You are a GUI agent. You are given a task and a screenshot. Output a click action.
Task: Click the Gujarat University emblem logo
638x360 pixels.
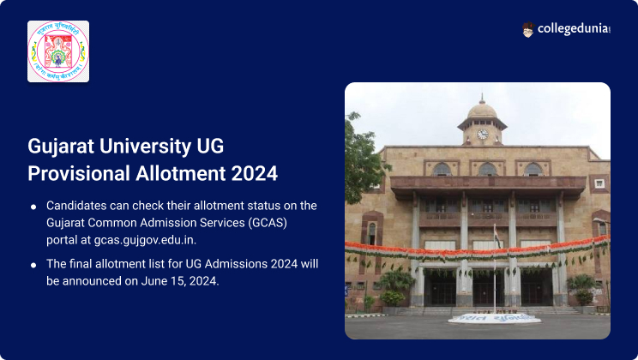click(58, 51)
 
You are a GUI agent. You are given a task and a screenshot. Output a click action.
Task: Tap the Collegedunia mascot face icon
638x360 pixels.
click(528, 30)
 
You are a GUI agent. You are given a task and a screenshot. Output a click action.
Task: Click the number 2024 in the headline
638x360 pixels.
click(255, 173)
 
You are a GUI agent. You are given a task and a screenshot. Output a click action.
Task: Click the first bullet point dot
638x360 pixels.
click(33, 207)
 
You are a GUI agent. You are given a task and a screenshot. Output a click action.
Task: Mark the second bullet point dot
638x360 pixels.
click(33, 264)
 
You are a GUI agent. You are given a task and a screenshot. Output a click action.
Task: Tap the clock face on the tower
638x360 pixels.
click(482, 134)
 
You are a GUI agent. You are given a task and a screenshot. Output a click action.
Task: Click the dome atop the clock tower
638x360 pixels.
click(482, 109)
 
